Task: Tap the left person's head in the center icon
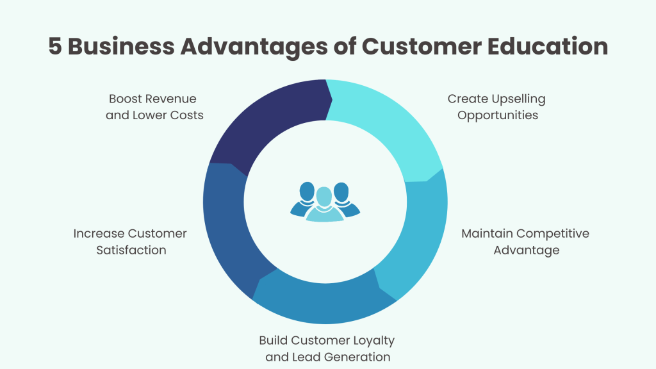[x=307, y=191]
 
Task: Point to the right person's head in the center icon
[x=341, y=191]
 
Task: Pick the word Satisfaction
[x=131, y=250]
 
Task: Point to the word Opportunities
[x=498, y=116]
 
